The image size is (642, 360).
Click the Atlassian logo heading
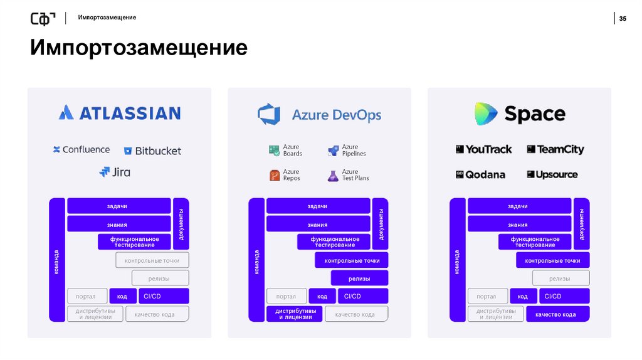119,113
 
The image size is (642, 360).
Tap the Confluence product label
82,150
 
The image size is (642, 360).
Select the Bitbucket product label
152,151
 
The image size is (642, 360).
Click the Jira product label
115,171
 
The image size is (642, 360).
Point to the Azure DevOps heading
319,115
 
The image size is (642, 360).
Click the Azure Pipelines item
346,151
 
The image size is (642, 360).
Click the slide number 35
623,18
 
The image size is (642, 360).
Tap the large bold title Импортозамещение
139,48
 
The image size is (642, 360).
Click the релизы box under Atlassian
160,278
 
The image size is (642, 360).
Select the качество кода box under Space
558,314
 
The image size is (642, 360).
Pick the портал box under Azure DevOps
286,296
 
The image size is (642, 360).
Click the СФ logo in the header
43,19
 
